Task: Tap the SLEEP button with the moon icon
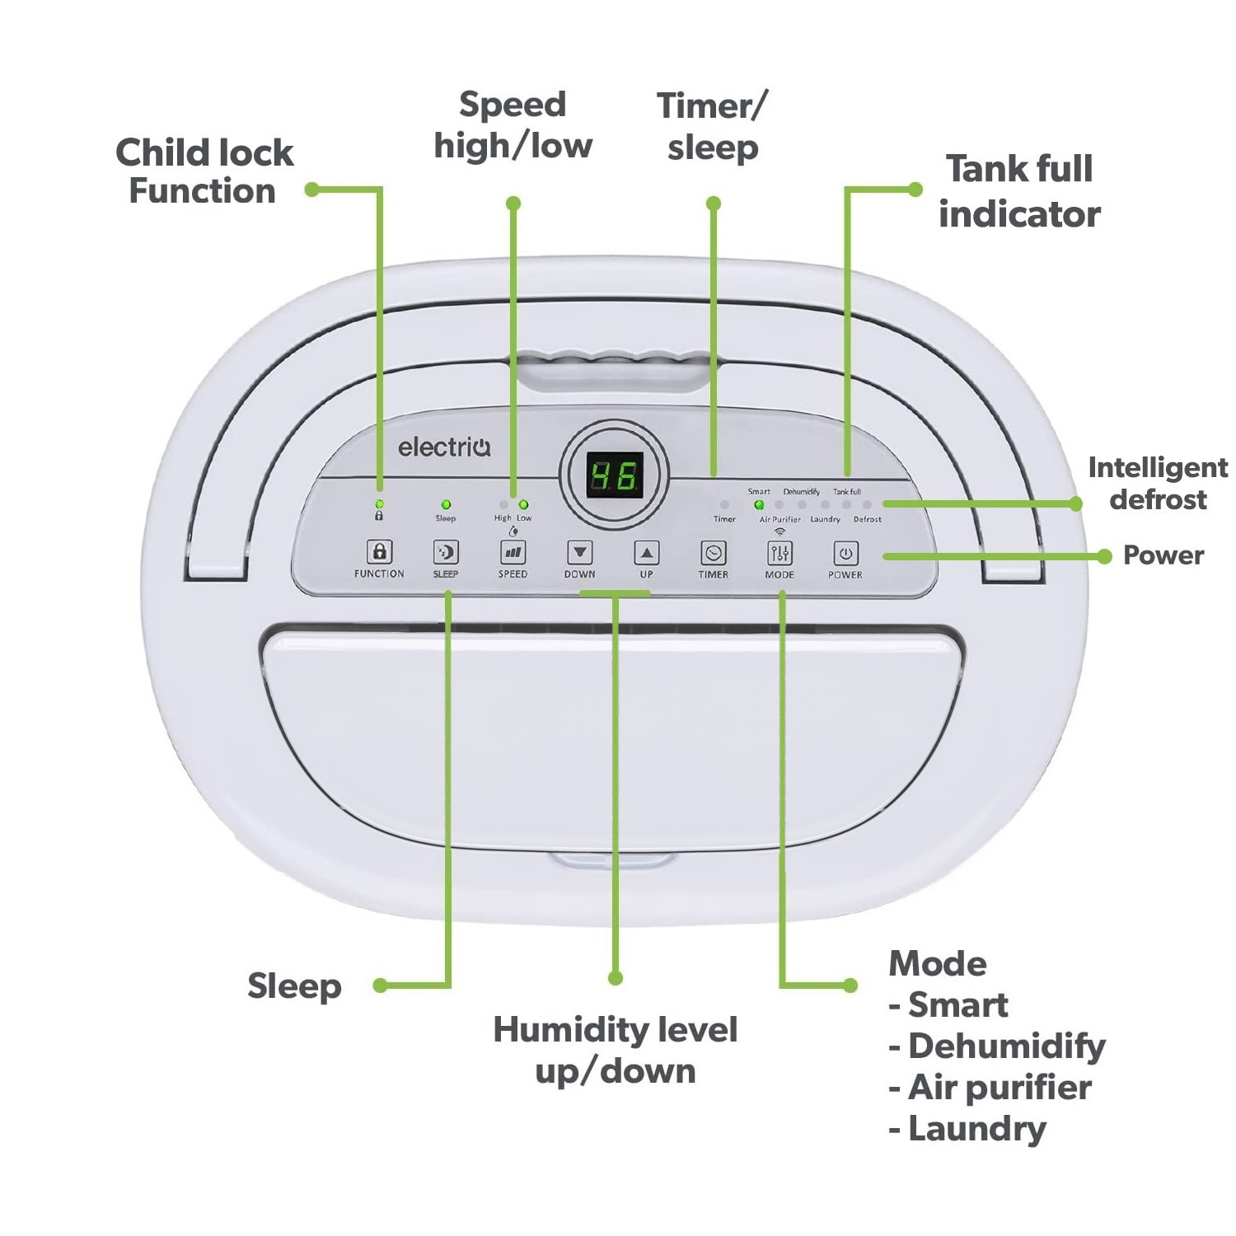pos(445,552)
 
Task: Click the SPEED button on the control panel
pos(513,552)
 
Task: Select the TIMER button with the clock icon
pos(713,553)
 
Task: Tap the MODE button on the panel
pos(780,553)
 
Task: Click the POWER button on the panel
pos(845,553)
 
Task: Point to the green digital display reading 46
pos(615,475)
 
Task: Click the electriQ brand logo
pos(444,447)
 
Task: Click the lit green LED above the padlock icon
pos(379,503)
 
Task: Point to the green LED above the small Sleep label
pos(446,504)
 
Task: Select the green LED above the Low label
pos(523,504)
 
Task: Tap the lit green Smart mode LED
pos(759,504)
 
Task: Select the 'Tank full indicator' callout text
pos(1019,191)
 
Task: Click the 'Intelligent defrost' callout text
pos(1158,483)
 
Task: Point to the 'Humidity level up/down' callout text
pos(615,1050)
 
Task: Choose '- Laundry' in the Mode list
pos(968,1129)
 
